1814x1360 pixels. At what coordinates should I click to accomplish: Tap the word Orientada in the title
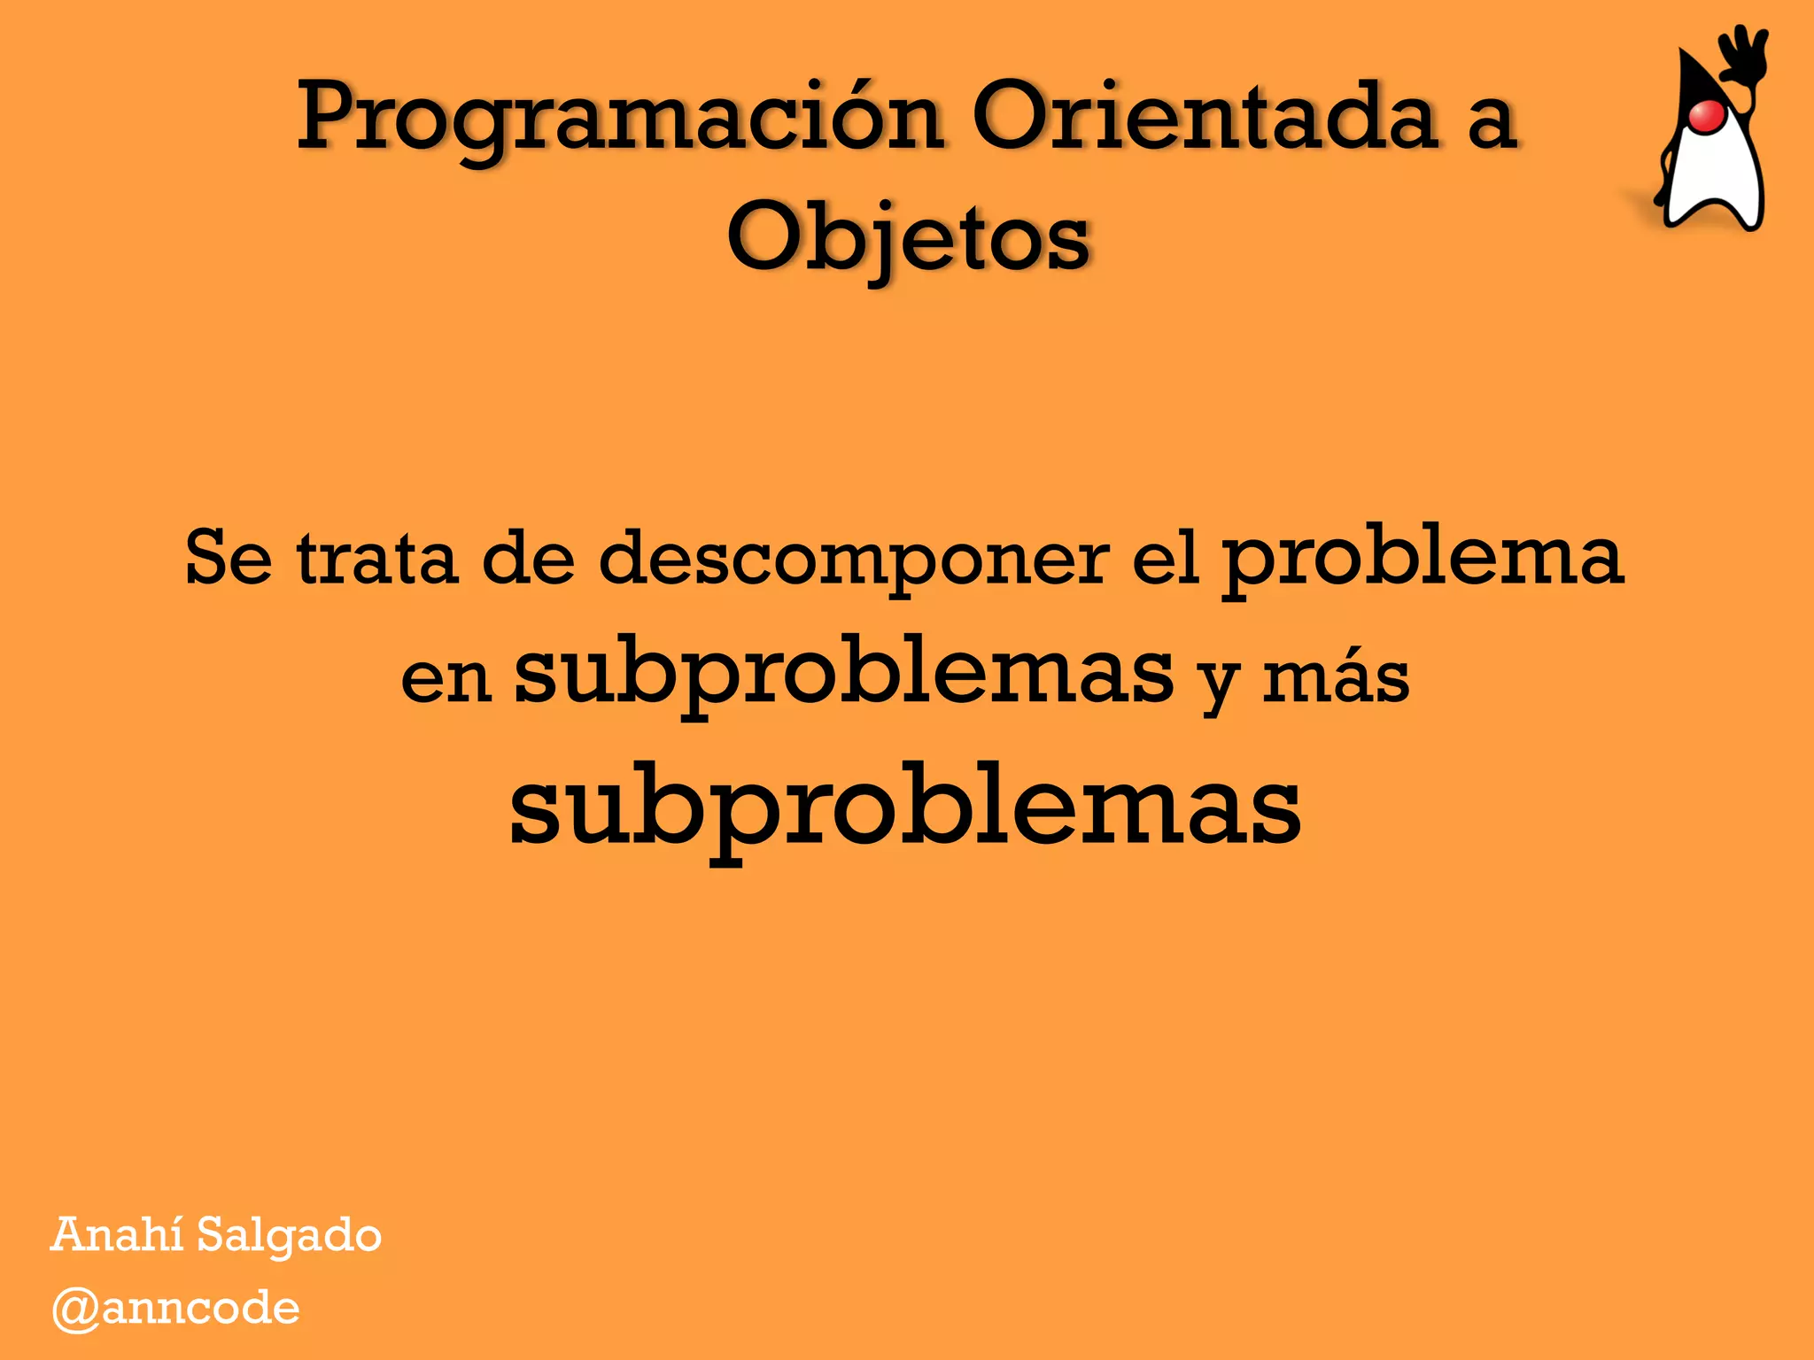pyautogui.click(x=1205, y=118)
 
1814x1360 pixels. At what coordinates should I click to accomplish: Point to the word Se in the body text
pyautogui.click(x=229, y=558)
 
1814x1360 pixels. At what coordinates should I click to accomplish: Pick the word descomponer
pyautogui.click(x=853, y=560)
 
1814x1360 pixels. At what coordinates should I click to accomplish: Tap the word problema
pyautogui.click(x=1423, y=558)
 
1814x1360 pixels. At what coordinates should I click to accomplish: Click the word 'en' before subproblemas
pyautogui.click(x=446, y=679)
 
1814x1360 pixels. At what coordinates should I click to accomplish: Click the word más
pyautogui.click(x=1336, y=679)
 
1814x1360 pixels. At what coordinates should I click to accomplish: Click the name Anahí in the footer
pyautogui.click(x=116, y=1234)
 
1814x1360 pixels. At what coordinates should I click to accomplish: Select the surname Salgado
pyautogui.click(x=289, y=1236)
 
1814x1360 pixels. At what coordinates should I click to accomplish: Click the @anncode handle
pyautogui.click(x=176, y=1309)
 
